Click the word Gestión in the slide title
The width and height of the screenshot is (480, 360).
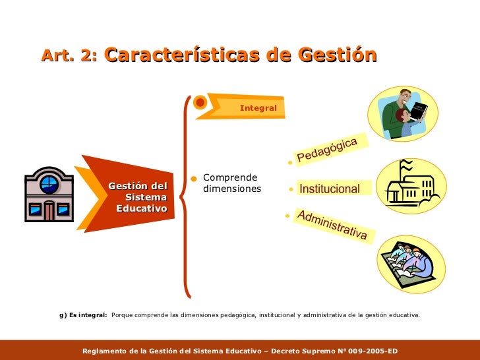[x=337, y=55]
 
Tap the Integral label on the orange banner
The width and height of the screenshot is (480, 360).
[x=258, y=107]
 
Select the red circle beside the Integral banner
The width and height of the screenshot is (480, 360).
[x=200, y=102]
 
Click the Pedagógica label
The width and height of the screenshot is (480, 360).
[x=326, y=150]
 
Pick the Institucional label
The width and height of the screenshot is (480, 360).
[x=330, y=189]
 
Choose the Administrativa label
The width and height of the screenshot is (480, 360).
[x=332, y=224]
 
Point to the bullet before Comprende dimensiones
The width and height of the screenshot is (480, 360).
[x=193, y=179]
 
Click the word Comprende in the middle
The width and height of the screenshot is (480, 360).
[x=230, y=177]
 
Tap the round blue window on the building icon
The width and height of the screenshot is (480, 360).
[x=49, y=185]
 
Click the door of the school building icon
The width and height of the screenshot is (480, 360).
[x=49, y=210]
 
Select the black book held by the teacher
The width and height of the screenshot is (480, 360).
[x=418, y=111]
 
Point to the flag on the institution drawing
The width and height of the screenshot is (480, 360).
[x=406, y=165]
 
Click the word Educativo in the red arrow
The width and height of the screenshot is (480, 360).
[x=141, y=208]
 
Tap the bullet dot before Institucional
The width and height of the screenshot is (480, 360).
[x=291, y=189]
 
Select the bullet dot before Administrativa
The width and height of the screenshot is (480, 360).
[x=287, y=216]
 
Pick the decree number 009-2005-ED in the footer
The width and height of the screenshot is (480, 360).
[x=373, y=351]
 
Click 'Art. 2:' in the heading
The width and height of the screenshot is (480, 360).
[x=69, y=55]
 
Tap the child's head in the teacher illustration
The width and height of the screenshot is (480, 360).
[x=402, y=115]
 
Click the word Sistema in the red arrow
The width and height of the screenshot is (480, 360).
[x=146, y=197]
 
